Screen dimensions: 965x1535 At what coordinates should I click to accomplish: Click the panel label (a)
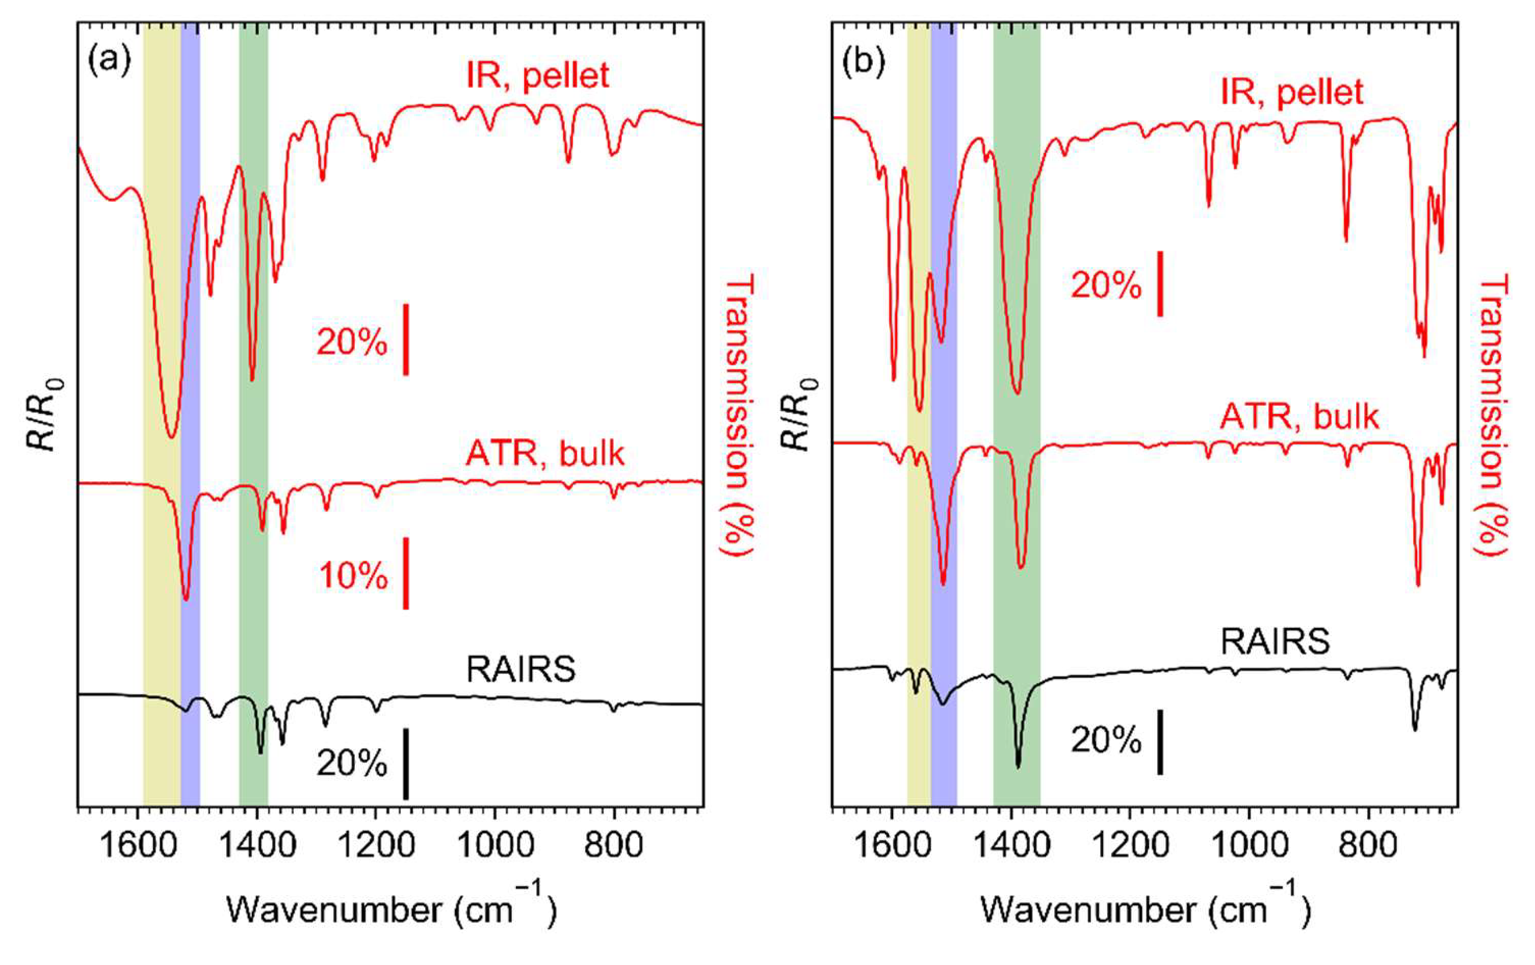tap(110, 62)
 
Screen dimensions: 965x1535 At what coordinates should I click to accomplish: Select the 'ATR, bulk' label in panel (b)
tap(1298, 418)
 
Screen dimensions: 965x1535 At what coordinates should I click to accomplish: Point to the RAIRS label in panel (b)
tap(1275, 642)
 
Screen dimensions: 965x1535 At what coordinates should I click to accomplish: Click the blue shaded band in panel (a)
tap(190, 414)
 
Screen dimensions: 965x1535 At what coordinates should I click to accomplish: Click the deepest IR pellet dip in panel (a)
tap(171, 436)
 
